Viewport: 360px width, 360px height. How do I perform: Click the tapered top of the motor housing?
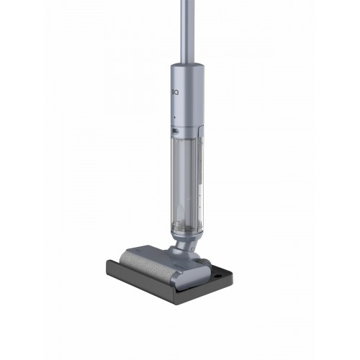pyautogui.click(x=187, y=67)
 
